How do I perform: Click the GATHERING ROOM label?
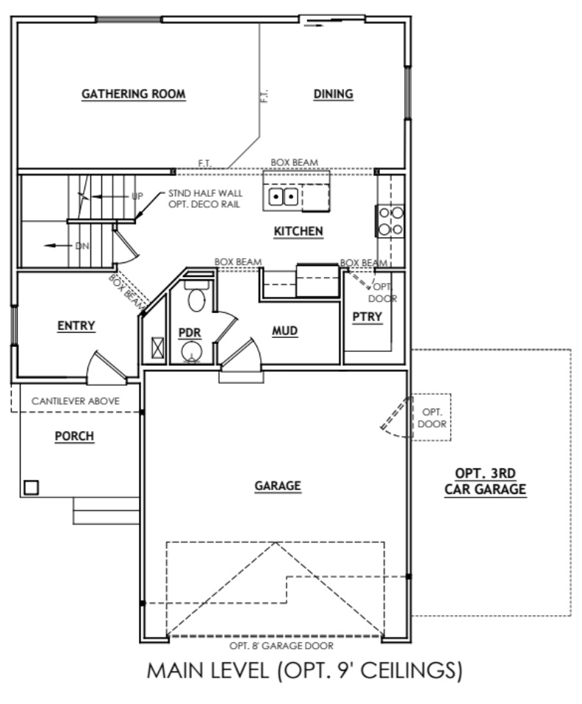[x=133, y=94]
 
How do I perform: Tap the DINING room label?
[x=334, y=94]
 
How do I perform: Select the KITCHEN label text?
[x=298, y=231]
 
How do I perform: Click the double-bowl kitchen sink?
[x=284, y=196]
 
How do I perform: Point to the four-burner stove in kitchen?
[x=390, y=220]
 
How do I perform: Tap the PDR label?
[x=190, y=331]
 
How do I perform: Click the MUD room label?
[x=284, y=331]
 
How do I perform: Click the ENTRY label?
[x=76, y=326]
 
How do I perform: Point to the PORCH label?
[x=76, y=436]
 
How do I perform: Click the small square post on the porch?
[x=31, y=486]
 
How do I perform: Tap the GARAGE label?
[x=278, y=485]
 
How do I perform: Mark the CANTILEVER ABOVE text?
[x=76, y=401]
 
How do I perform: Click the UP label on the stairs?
[x=137, y=197]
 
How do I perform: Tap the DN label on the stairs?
[x=82, y=245]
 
